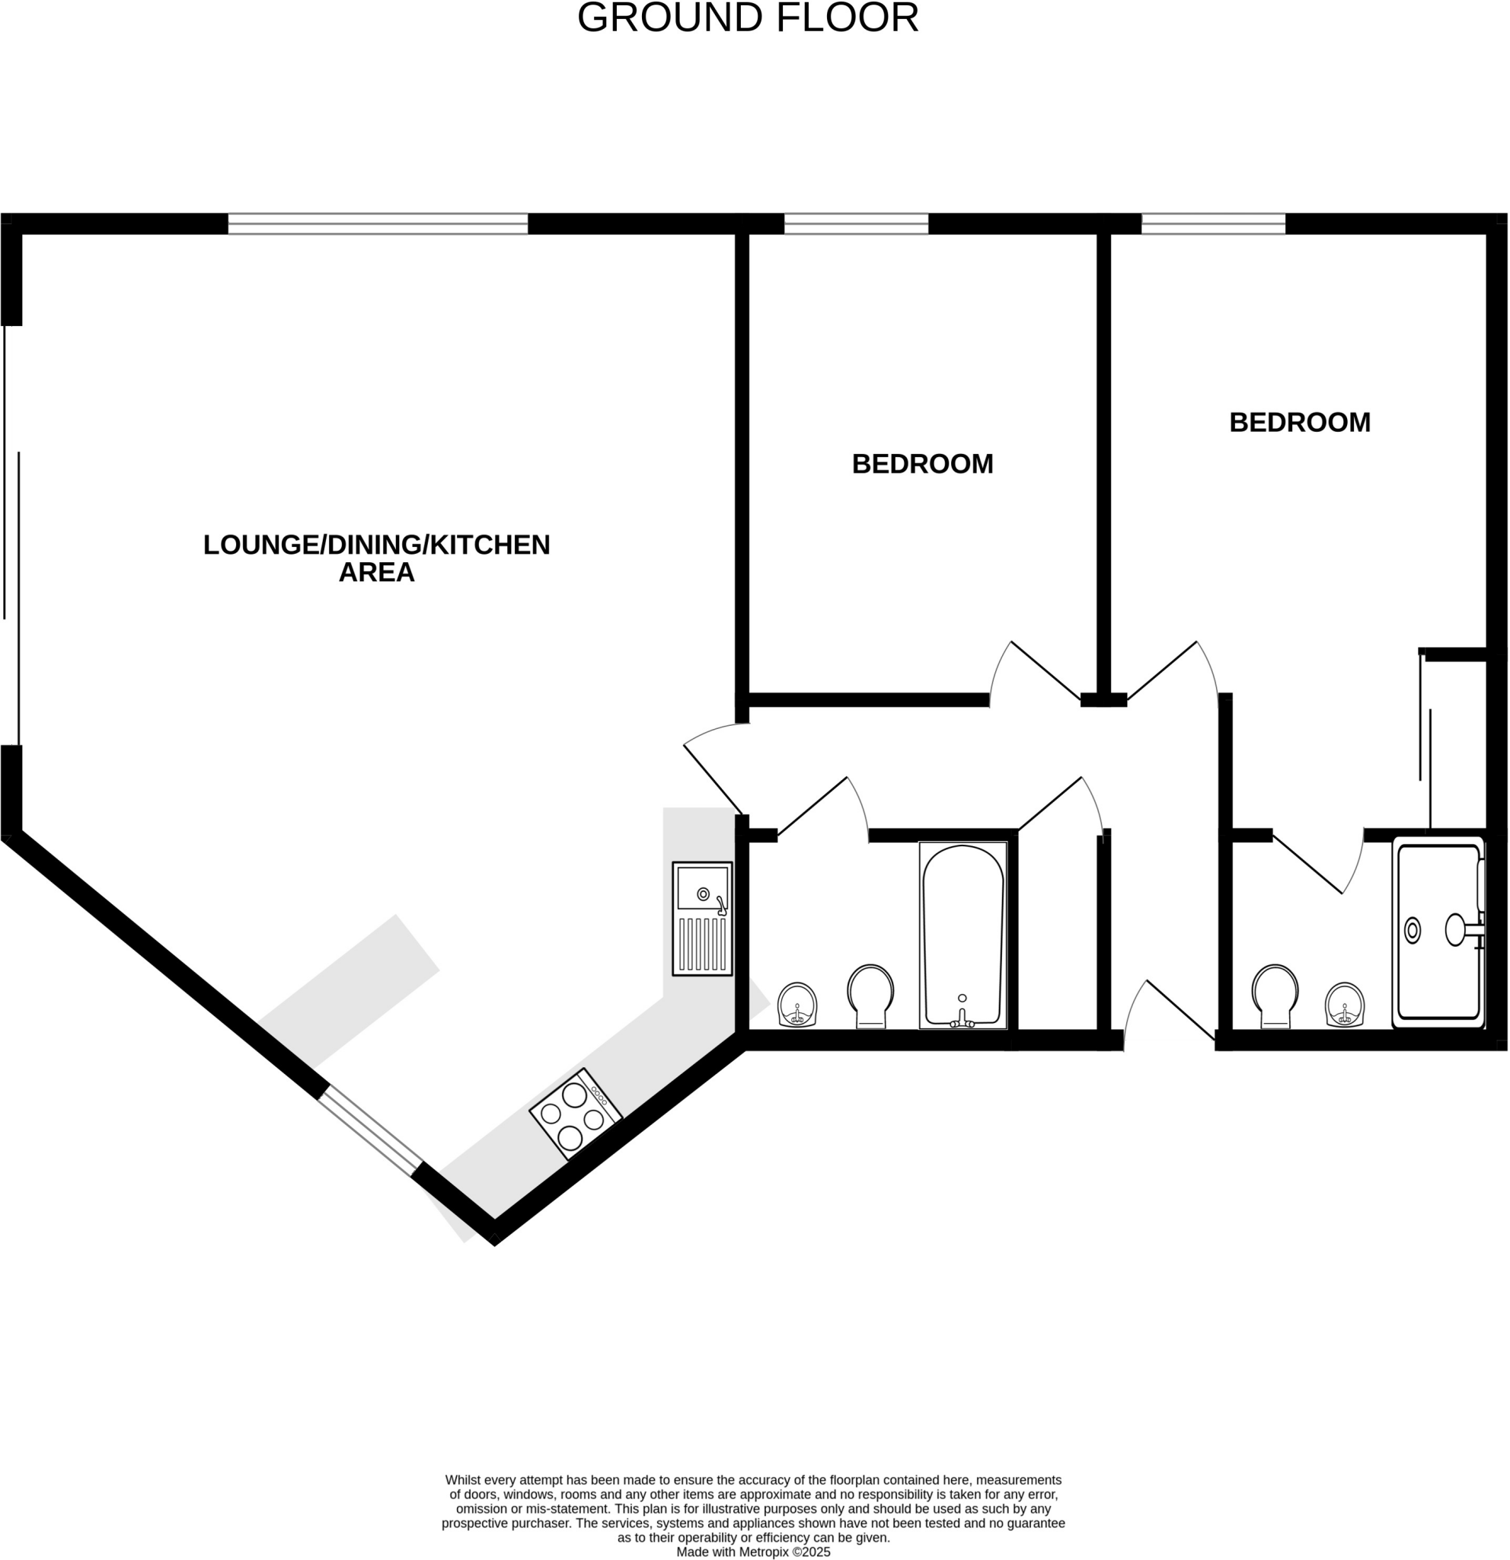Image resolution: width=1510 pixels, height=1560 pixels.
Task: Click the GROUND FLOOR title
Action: point(747,18)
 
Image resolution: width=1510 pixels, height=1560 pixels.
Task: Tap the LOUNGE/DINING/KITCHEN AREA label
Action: point(376,558)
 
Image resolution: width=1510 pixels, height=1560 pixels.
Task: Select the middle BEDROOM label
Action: point(922,464)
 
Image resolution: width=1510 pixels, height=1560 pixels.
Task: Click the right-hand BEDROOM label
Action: point(1299,423)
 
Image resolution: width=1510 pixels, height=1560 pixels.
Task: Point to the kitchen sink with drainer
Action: point(701,919)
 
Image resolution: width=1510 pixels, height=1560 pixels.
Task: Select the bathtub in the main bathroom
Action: point(963,936)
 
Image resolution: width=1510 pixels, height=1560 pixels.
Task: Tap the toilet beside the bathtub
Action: point(870,996)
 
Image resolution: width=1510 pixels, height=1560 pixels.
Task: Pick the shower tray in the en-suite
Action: point(1438,932)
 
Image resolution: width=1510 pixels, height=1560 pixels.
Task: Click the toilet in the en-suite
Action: point(1275,996)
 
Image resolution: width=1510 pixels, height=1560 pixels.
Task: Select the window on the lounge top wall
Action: point(377,224)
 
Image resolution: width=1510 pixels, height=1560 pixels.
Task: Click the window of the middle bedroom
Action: point(856,224)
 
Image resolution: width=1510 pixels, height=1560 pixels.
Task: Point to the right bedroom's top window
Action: point(1212,224)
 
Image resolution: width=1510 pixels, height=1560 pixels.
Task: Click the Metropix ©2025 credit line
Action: point(752,1552)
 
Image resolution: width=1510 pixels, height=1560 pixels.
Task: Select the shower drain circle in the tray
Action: point(1412,930)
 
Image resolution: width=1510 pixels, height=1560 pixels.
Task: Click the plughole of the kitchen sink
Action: point(703,894)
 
